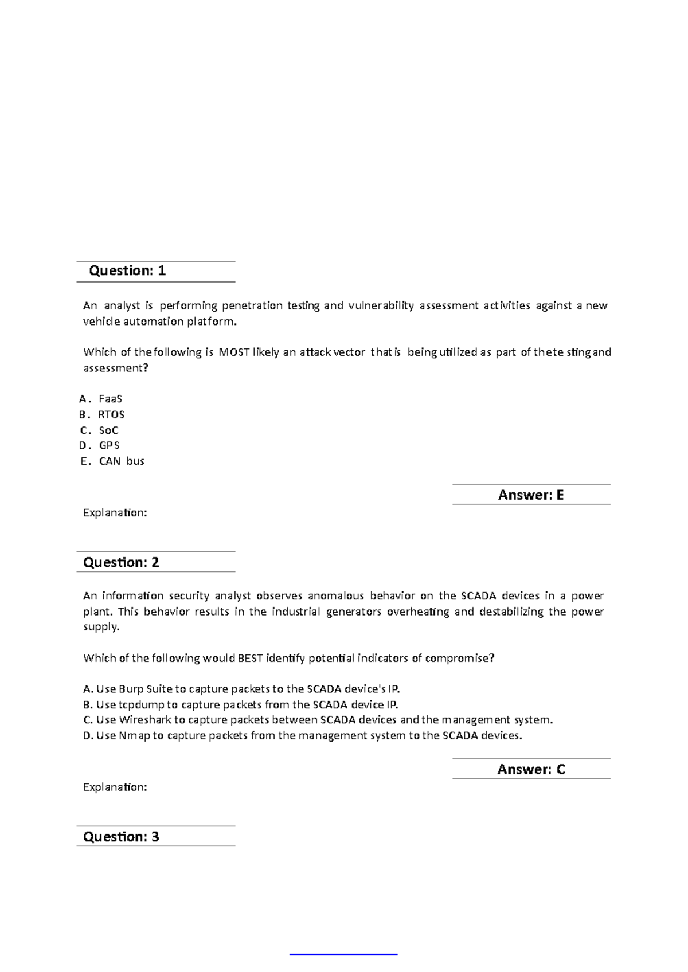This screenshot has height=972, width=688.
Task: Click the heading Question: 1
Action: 127,271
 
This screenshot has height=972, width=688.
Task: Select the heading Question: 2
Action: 121,562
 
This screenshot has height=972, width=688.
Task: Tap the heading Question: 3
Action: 121,837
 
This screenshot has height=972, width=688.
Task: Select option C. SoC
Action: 100,430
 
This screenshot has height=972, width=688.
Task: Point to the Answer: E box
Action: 531,495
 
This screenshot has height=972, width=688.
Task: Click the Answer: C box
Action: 531,769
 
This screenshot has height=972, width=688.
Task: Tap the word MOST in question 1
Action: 233,352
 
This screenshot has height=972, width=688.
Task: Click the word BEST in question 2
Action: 250,659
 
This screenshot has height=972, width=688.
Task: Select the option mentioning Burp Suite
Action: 241,689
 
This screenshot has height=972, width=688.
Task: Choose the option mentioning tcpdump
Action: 240,704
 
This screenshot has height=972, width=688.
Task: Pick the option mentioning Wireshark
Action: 318,720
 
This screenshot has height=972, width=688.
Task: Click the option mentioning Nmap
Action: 302,735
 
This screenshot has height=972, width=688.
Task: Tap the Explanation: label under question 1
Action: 115,513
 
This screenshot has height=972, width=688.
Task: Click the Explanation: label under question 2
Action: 115,787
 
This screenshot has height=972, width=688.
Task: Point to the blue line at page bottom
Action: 343,954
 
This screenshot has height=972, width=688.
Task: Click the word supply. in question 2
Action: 101,627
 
